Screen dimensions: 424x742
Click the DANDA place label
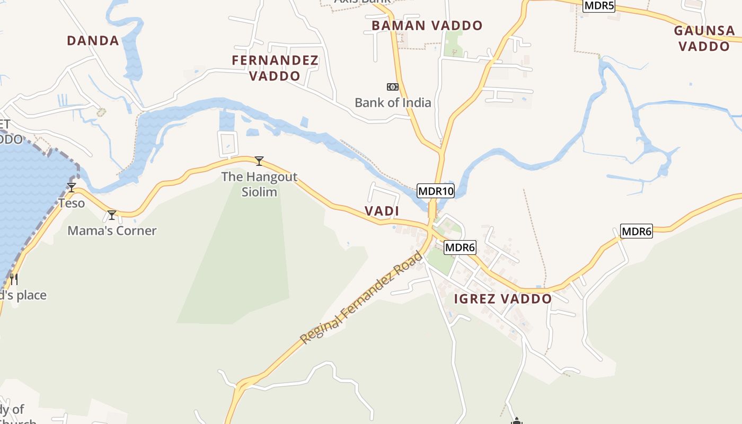pyautogui.click(x=93, y=40)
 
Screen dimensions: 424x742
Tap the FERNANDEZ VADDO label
pyautogui.click(x=275, y=68)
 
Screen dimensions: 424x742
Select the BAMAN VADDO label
pyautogui.click(x=427, y=25)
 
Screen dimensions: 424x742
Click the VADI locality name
pyautogui.click(x=382, y=211)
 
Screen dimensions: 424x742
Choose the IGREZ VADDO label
pyautogui.click(x=502, y=299)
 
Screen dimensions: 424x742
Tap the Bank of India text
pyautogui.click(x=393, y=102)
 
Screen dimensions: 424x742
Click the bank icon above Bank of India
pyautogui.click(x=392, y=87)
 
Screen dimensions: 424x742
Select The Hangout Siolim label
pyautogui.click(x=259, y=184)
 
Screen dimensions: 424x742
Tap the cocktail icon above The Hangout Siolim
pyautogui.click(x=259, y=161)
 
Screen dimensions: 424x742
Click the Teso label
pyautogui.click(x=72, y=203)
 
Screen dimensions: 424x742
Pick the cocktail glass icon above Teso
pyautogui.click(x=72, y=187)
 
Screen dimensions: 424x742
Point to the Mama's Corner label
pyautogui.click(x=112, y=231)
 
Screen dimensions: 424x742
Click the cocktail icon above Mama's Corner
pyautogui.click(x=112, y=215)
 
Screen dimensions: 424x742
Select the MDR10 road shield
pyautogui.click(x=436, y=191)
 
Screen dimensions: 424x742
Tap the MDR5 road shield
pyautogui.click(x=599, y=6)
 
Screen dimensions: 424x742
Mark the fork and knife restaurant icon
pyautogui.click(x=14, y=279)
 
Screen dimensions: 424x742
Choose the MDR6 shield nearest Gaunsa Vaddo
pyautogui.click(x=636, y=231)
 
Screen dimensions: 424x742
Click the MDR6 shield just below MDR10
pyautogui.click(x=460, y=247)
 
